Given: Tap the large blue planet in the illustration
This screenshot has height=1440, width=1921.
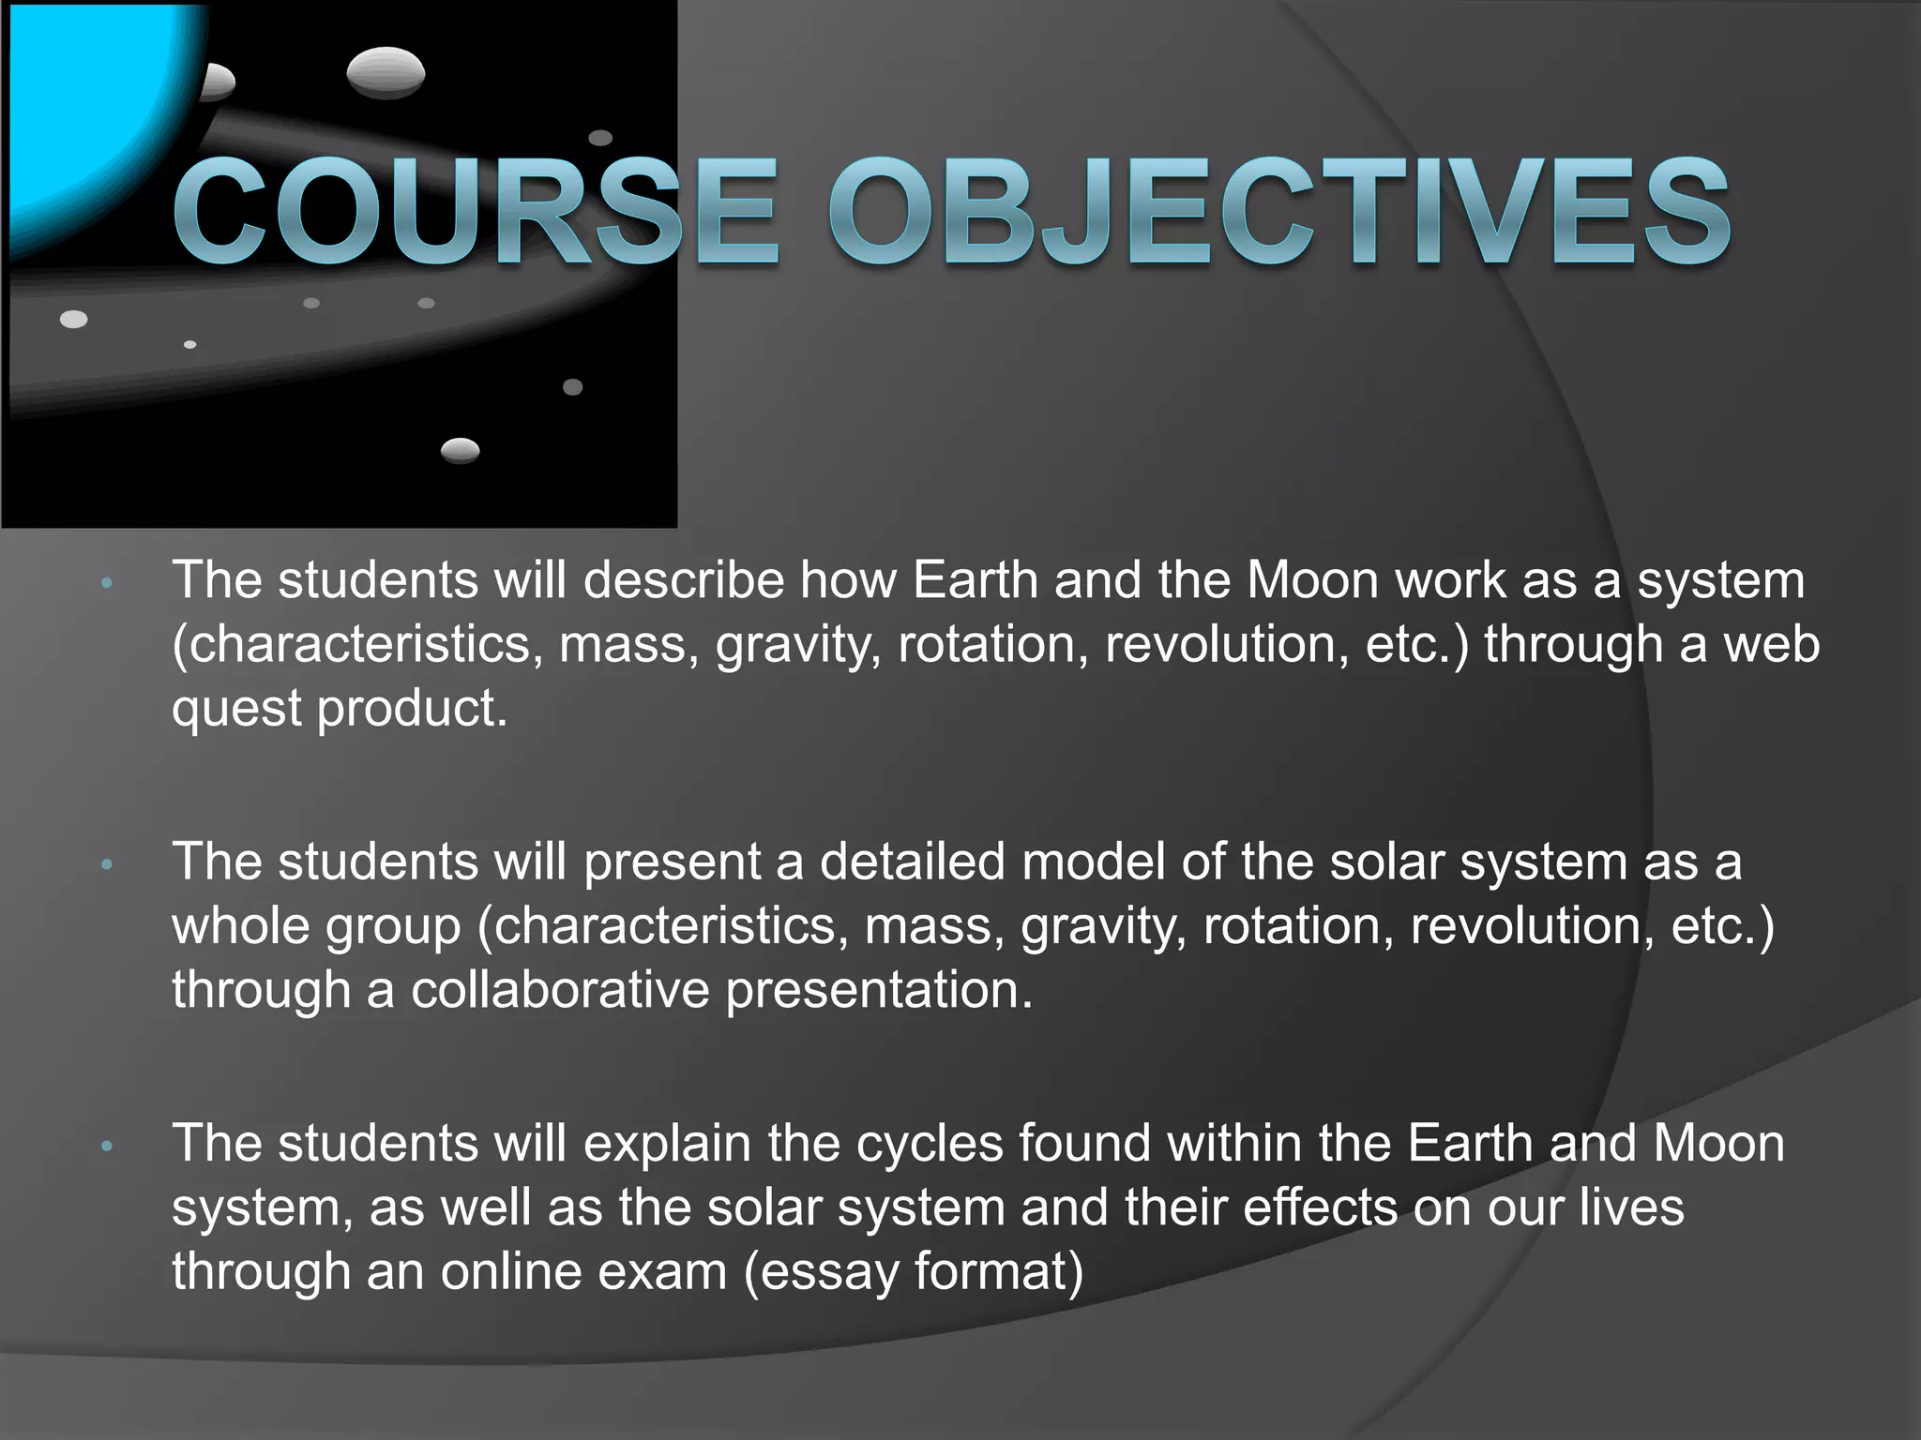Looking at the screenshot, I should (84, 112).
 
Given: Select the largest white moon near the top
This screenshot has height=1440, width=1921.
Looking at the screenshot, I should (386, 73).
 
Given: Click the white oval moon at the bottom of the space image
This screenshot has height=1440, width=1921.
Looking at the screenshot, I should (460, 451).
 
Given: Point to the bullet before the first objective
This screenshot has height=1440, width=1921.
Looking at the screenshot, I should (107, 583).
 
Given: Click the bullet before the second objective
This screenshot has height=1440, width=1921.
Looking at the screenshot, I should (107, 864).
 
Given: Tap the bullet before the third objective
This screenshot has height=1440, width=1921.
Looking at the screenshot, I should (107, 1146).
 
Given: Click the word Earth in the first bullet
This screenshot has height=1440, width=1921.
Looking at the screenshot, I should (975, 580).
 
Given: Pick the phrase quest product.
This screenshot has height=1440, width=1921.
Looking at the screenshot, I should (339, 709).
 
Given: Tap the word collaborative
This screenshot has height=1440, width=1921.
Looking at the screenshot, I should (560, 990).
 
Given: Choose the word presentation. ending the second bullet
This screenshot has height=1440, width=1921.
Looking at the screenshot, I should (879, 990).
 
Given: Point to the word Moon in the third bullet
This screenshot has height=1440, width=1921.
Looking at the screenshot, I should (1718, 1144).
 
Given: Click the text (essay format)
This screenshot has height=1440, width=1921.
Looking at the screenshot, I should (914, 1272).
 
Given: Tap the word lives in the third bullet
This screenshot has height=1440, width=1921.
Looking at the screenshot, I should (1631, 1207).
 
